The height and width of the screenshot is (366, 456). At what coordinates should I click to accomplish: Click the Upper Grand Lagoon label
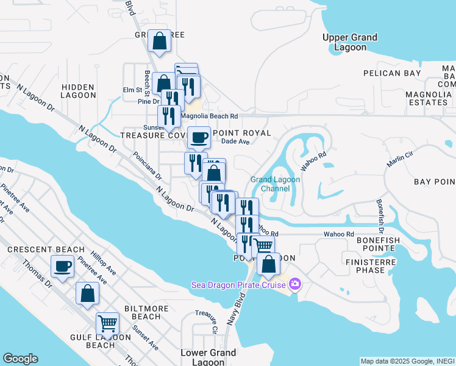tap(349, 42)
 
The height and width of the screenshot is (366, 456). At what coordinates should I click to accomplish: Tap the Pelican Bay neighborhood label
tap(392, 73)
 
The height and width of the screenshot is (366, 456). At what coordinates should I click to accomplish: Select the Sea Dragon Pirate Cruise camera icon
tap(295, 284)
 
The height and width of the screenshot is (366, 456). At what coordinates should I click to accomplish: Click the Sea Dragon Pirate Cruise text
tap(239, 284)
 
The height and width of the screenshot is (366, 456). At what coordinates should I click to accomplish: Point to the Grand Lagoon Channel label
tap(271, 184)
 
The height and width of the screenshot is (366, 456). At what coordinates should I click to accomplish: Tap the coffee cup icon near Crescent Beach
tap(63, 266)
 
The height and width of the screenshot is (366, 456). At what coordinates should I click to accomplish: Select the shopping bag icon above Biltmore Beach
tap(87, 293)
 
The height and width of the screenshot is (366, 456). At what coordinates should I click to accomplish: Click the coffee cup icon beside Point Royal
tap(199, 137)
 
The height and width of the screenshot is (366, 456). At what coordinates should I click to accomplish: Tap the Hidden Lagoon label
tap(78, 91)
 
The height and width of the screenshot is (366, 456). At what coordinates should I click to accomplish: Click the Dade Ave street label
tap(236, 142)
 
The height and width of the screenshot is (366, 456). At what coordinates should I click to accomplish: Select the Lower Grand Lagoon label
tap(208, 357)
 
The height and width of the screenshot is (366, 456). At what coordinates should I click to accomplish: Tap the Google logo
tap(20, 359)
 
